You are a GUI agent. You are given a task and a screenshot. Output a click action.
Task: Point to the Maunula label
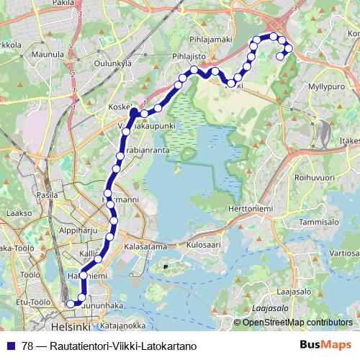[48, 54]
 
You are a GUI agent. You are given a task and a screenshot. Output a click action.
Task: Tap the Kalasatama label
[145, 246]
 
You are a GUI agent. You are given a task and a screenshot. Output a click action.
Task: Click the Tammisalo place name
[320, 222]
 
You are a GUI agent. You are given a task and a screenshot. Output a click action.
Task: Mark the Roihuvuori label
[314, 175]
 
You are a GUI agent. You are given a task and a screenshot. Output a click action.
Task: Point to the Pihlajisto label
[189, 55]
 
